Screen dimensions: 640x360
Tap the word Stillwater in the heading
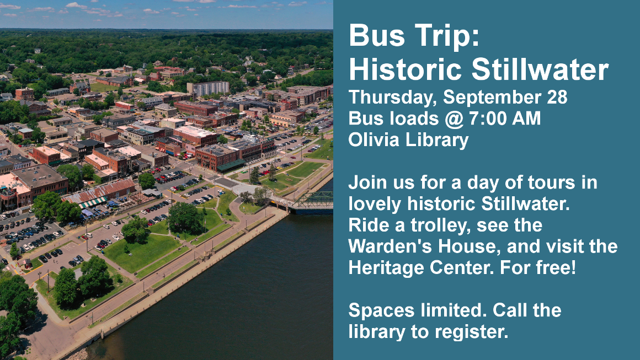point(540,69)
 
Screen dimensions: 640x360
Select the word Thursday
point(392,98)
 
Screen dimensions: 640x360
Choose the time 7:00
point(487,118)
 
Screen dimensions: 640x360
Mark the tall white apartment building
point(208,88)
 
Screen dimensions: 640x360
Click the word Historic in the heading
point(407,69)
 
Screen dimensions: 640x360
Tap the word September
point(492,98)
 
